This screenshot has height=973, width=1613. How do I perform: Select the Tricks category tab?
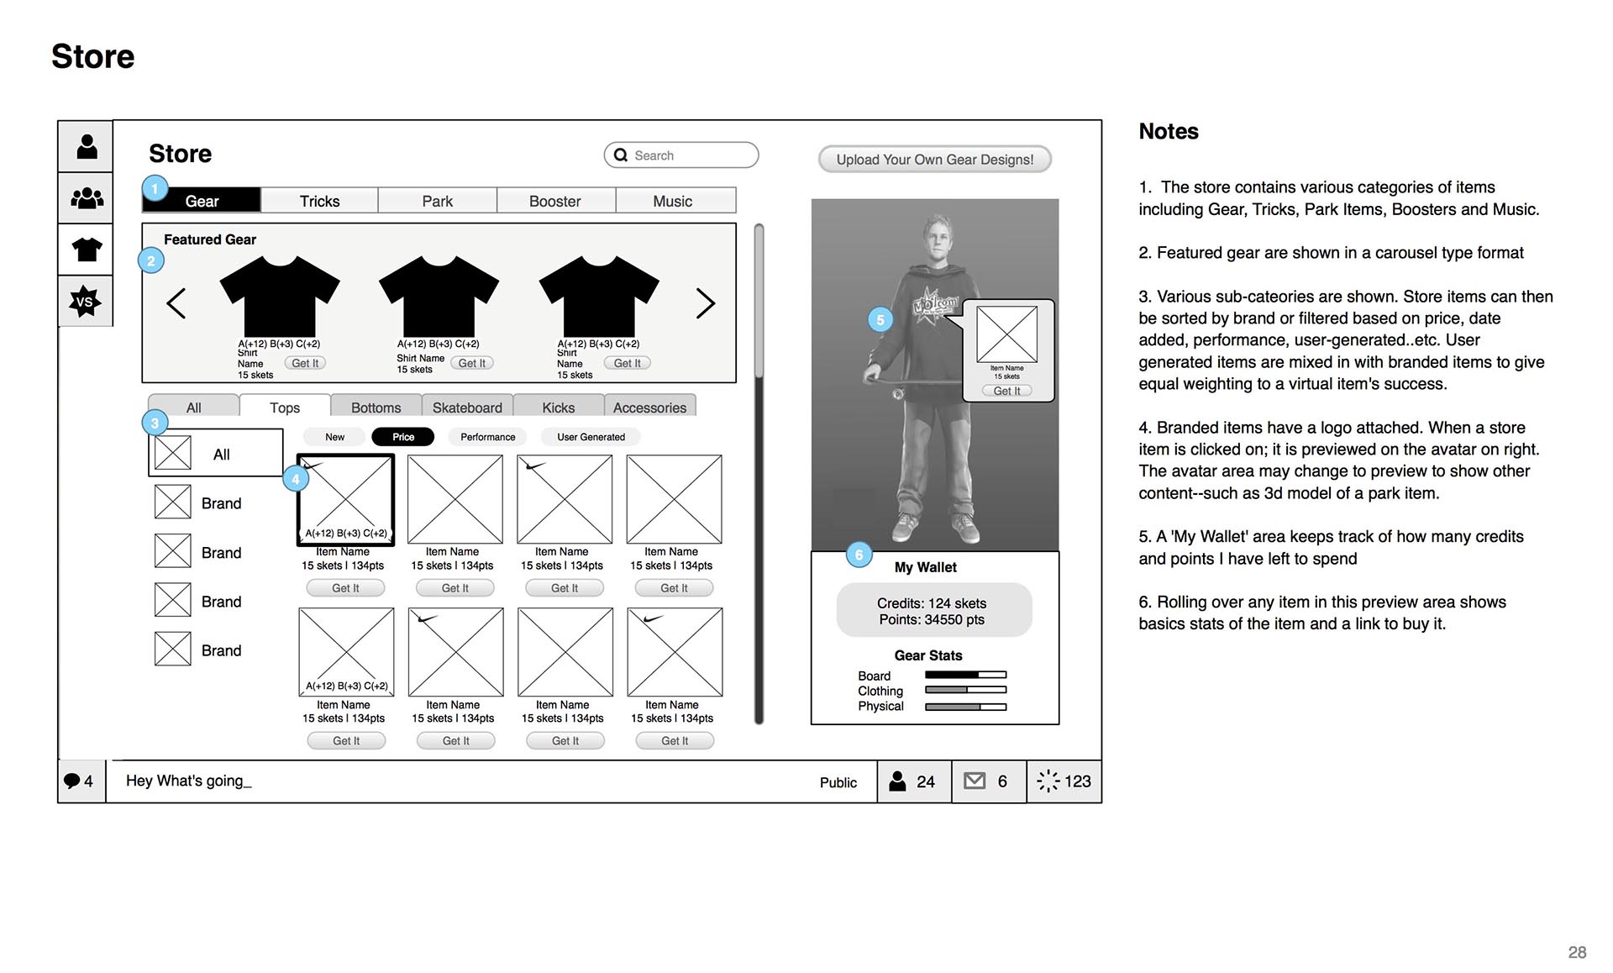point(319,201)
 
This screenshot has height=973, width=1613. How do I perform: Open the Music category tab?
point(673,201)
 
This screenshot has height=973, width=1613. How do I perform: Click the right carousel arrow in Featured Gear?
point(706,303)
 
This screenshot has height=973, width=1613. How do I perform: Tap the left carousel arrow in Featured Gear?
point(176,303)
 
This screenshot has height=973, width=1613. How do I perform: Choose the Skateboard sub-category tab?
point(467,408)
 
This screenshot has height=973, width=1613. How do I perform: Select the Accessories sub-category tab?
point(649,408)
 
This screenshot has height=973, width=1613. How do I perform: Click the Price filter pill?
point(403,437)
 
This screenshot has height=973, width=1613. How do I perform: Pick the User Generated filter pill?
point(591,437)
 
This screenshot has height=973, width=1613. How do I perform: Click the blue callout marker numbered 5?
point(880,320)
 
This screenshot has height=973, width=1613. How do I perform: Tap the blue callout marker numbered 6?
point(859,555)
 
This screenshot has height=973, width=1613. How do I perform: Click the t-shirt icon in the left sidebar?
point(87,250)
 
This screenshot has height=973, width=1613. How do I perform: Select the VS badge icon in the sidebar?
point(86,302)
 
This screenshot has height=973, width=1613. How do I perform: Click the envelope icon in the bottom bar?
point(975,781)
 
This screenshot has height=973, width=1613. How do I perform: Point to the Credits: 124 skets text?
point(932,603)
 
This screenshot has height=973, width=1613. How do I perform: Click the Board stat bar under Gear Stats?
point(965,675)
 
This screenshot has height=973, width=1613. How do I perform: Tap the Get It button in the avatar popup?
point(1006,391)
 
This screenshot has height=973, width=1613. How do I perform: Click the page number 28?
point(1577,952)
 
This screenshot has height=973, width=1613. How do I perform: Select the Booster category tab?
point(554,201)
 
